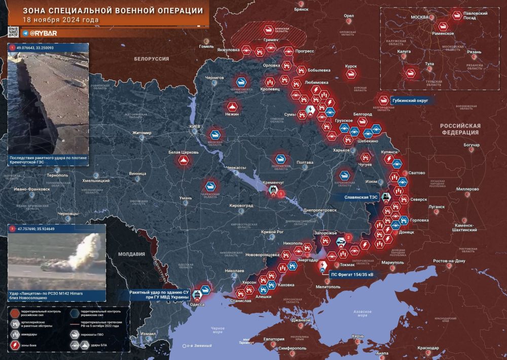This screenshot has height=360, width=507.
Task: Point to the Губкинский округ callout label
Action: point(410,101)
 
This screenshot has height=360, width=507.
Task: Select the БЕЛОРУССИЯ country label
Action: point(152,59)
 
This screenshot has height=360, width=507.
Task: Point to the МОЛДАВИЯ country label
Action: point(131,254)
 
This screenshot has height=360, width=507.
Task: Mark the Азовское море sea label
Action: point(361,313)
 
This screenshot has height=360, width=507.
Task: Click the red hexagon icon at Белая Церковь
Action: point(185,161)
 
